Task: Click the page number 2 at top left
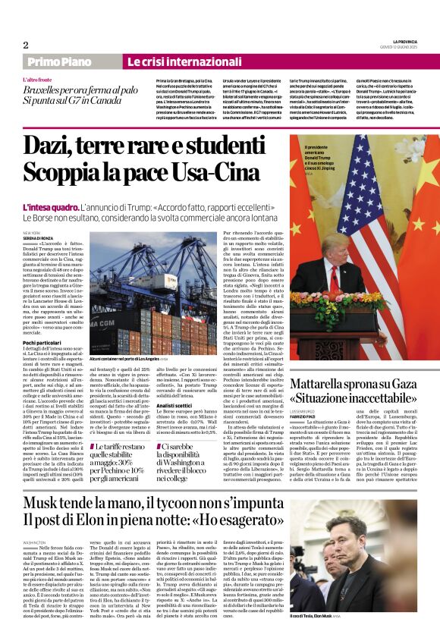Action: pos(25,45)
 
